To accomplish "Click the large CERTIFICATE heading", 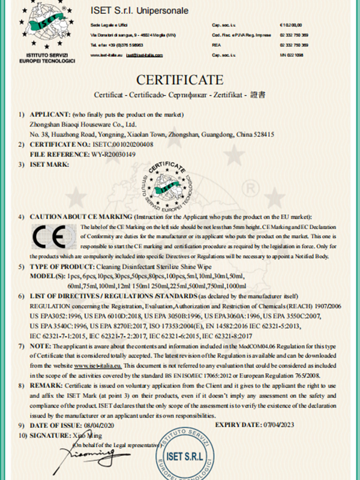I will click(180, 79).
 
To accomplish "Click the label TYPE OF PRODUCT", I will click(62, 265).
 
